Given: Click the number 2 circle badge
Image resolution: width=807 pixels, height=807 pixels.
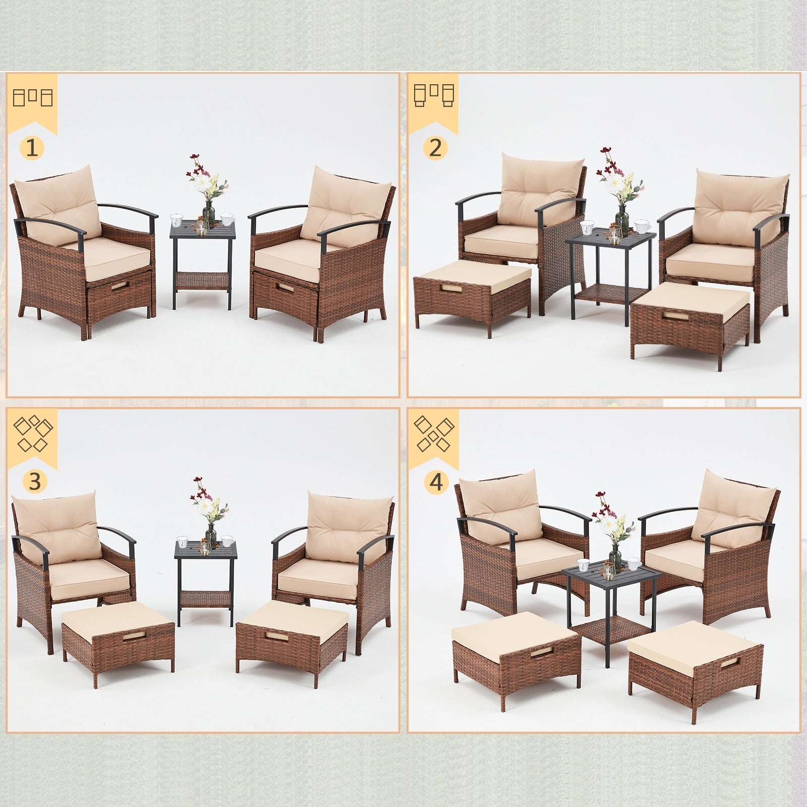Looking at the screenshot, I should point(435,147).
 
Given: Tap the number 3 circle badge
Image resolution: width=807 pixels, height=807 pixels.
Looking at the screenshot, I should point(34,482).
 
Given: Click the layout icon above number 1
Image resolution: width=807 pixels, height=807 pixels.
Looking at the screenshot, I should point(33,97).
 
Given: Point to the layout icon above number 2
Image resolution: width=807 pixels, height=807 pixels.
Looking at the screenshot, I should point(434,94).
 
